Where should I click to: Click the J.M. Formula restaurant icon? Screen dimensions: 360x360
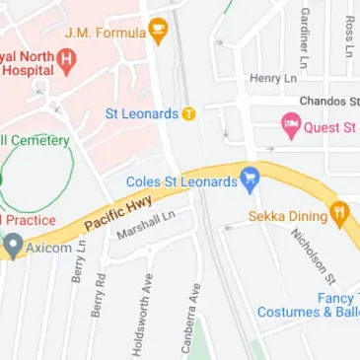[158, 32]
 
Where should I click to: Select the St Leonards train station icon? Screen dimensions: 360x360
[188, 113]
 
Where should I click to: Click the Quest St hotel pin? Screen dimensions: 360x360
[291, 126]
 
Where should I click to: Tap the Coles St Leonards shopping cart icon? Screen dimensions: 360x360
[251, 181]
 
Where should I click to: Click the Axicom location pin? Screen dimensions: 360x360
[12, 248]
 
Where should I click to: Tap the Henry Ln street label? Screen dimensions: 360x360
[273, 78]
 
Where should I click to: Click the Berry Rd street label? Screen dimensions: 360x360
[100, 293]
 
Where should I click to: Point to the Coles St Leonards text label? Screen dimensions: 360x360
[182, 181]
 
